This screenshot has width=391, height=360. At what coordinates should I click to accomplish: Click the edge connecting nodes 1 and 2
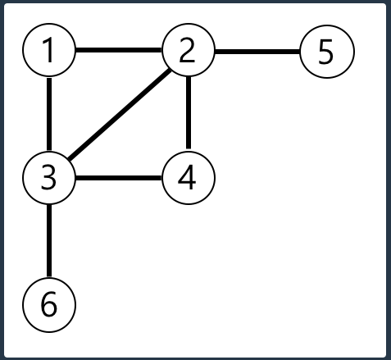click(119, 50)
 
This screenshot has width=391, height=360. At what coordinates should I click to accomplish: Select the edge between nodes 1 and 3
click(49, 114)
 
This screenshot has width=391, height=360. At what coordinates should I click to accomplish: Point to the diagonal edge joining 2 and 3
click(120, 114)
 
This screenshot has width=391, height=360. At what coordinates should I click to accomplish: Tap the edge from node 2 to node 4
click(189, 113)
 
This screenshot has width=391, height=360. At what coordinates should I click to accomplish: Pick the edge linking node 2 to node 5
click(257, 52)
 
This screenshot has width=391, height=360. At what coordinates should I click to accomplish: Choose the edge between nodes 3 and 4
click(119, 178)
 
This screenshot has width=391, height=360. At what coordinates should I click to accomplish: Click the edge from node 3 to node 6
click(49, 241)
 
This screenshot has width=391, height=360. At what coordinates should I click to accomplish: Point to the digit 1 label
click(48, 50)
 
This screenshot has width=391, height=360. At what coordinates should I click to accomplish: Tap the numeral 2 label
click(188, 50)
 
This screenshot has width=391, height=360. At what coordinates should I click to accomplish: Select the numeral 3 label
click(48, 178)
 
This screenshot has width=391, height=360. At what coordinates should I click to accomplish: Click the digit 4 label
click(187, 177)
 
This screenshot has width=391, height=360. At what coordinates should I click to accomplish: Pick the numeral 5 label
click(326, 52)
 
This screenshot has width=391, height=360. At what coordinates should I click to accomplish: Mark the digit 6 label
click(49, 304)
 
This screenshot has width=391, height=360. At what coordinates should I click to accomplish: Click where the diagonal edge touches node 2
click(170, 70)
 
